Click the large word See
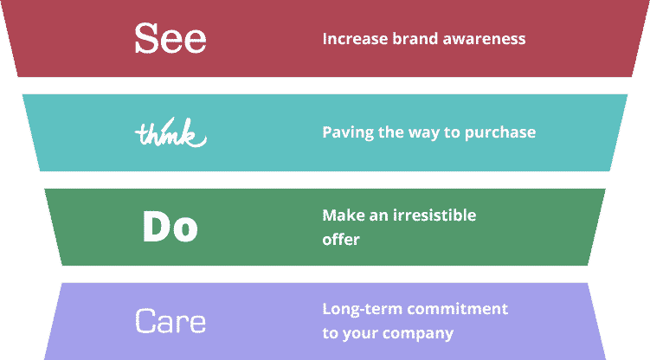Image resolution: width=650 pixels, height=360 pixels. [171, 38]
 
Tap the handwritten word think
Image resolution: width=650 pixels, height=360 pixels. [171, 132]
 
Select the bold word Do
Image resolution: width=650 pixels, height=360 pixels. [171, 226]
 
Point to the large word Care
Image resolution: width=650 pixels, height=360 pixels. [171, 321]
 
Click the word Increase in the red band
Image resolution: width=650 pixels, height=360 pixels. [355, 39]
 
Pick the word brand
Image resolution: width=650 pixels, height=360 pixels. [415, 39]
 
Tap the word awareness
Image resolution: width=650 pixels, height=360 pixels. [484, 39]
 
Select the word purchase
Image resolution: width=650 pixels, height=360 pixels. [500, 133]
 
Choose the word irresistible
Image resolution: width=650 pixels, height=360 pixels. [434, 215]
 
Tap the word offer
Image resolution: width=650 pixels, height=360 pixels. [341, 240]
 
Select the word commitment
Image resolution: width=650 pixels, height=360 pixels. [457, 309]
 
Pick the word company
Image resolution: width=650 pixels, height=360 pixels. [418, 334]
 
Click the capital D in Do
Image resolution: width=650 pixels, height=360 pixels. [157, 226]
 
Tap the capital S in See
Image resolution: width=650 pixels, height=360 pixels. [147, 38]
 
